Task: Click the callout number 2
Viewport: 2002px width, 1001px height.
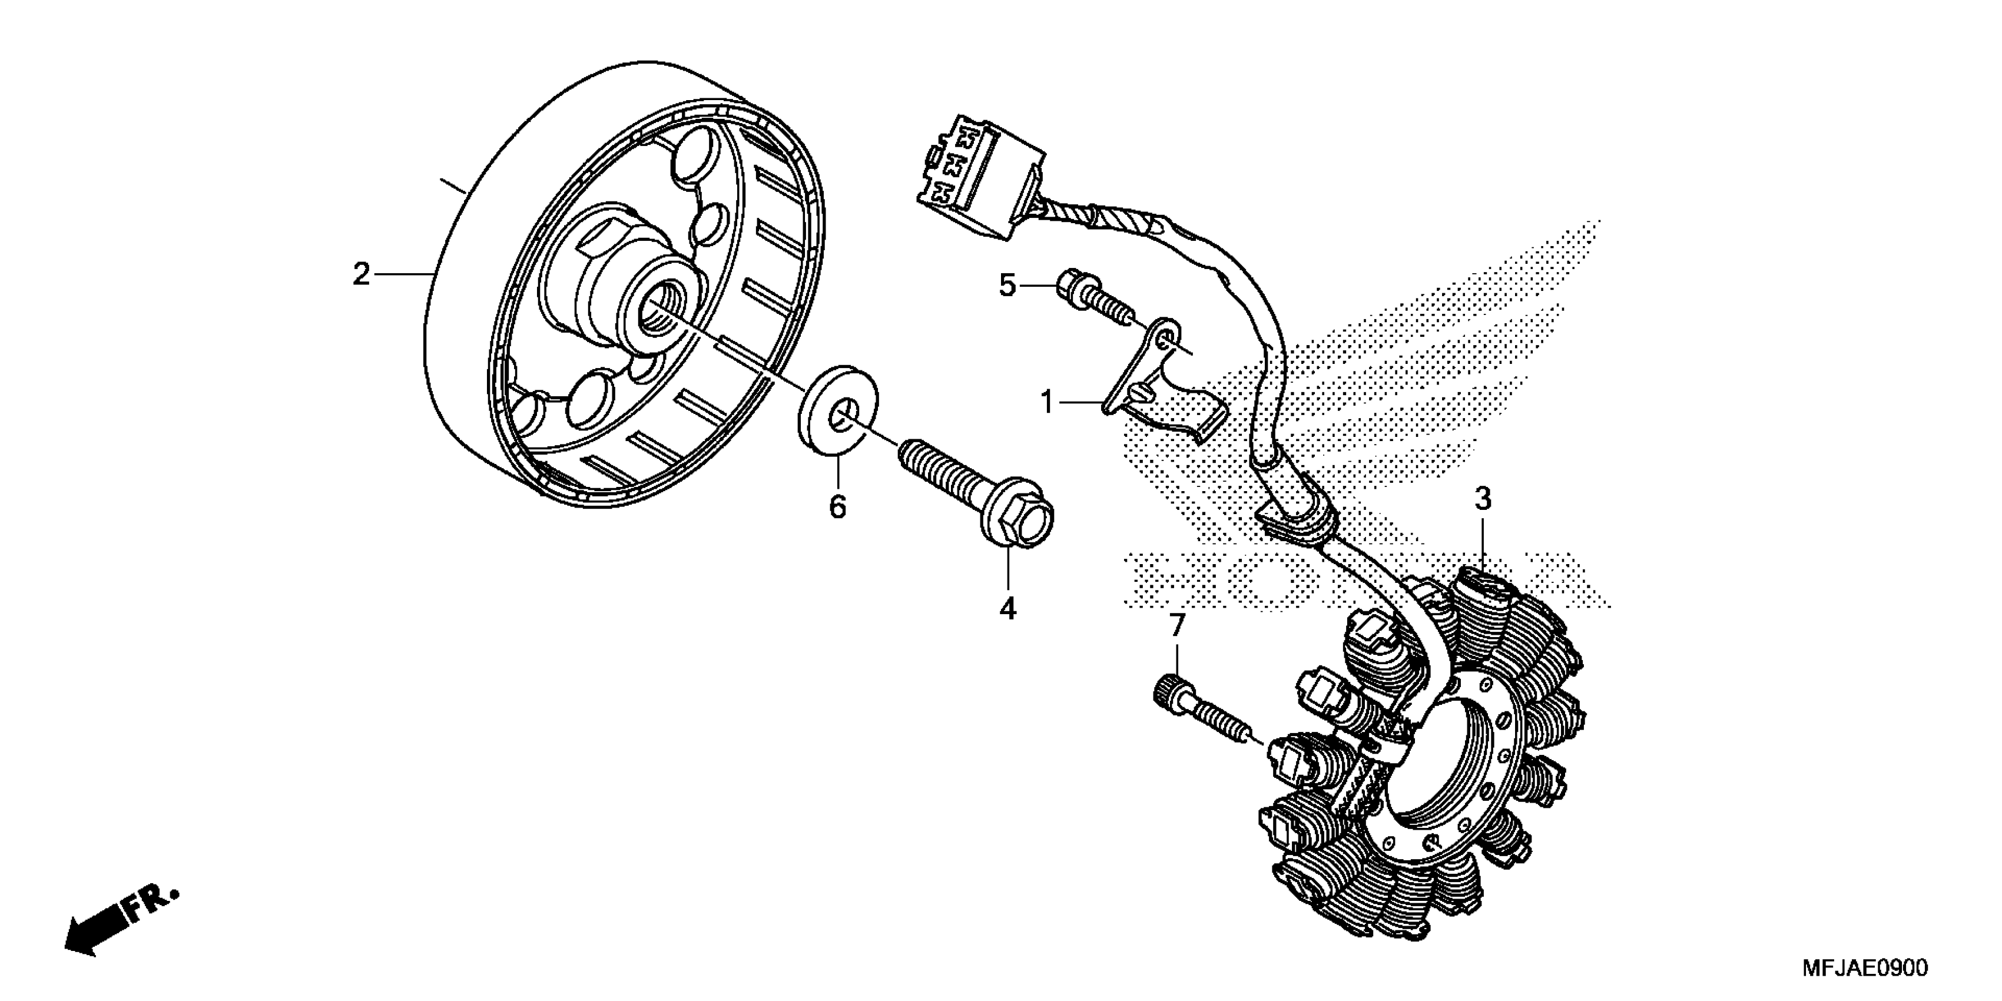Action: pyautogui.click(x=360, y=274)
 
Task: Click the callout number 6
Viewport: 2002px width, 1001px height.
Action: pyautogui.click(x=837, y=508)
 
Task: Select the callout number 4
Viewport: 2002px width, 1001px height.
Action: pyautogui.click(x=1007, y=608)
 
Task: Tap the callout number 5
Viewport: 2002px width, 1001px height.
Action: pyautogui.click(x=1007, y=287)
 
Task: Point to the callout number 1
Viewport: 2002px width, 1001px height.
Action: pyautogui.click(x=1047, y=403)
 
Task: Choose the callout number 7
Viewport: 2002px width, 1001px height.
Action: pyautogui.click(x=1176, y=625)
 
